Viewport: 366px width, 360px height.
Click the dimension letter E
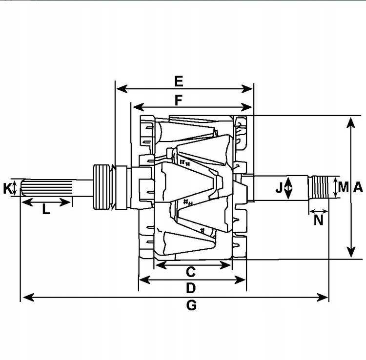(x=179, y=80)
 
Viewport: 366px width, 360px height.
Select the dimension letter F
(x=179, y=100)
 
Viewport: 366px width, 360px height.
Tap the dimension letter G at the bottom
(x=191, y=305)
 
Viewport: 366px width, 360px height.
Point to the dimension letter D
(x=191, y=288)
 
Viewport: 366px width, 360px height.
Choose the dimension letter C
(x=191, y=271)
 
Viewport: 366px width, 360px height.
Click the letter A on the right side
(x=358, y=187)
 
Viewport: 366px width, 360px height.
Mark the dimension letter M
(x=344, y=187)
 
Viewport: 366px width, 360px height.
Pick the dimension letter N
(x=319, y=220)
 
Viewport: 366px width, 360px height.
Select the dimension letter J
(x=279, y=187)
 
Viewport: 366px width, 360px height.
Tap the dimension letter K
(x=7, y=188)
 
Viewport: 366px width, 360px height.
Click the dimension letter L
(x=46, y=210)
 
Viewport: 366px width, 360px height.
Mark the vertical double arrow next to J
(x=288, y=188)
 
